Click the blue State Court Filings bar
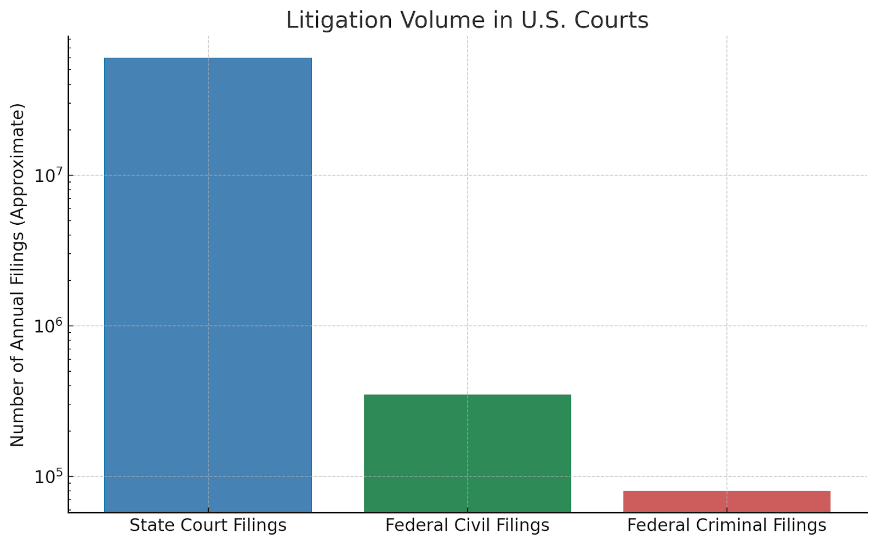(x=208, y=285)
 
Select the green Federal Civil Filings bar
(x=467, y=453)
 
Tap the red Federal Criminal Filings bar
(x=726, y=502)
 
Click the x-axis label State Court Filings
(x=208, y=525)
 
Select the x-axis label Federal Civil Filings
(x=467, y=525)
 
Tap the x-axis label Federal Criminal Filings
(x=726, y=525)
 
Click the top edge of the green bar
(x=467, y=395)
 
